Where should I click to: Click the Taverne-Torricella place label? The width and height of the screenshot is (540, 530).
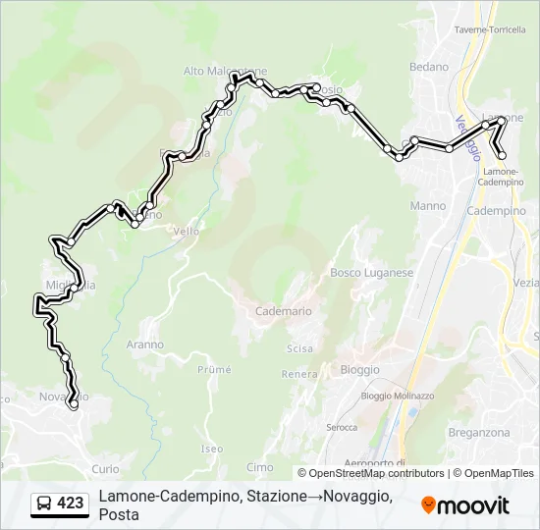point(491,30)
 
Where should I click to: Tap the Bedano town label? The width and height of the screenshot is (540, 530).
point(429,67)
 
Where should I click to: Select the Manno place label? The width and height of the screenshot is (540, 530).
point(428,206)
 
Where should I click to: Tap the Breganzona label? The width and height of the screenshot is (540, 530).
point(479,432)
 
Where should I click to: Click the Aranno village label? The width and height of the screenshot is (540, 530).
point(145,344)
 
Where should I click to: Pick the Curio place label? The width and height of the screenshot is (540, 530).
point(105,469)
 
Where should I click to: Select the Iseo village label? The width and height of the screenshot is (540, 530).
point(212,449)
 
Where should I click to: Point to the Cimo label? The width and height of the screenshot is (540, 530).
point(260,467)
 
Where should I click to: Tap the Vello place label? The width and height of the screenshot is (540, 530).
point(186,232)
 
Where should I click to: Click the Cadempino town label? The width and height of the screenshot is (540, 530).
point(497,211)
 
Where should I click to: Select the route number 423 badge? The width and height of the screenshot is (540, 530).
point(70,503)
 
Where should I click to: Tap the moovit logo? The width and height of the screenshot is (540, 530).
point(465,505)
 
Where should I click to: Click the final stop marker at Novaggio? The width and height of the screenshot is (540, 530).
point(73,403)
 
